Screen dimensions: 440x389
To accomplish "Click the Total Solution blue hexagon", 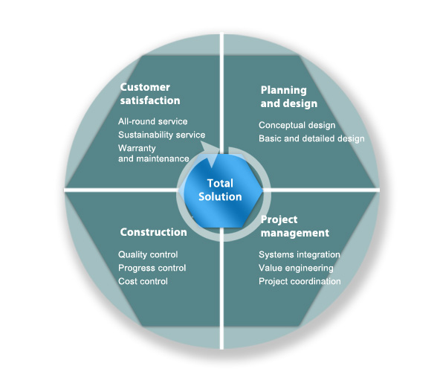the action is [x=221, y=190].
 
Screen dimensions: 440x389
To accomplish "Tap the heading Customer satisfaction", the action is [x=150, y=94].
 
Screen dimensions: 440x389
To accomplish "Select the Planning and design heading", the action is [x=288, y=97].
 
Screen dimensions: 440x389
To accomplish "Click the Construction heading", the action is [x=153, y=232].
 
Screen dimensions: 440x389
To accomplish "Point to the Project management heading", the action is [x=294, y=226].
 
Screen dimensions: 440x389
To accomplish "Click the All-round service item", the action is [x=152, y=121].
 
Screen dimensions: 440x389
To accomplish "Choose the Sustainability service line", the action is [x=161, y=135].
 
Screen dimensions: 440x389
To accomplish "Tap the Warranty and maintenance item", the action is [x=154, y=153].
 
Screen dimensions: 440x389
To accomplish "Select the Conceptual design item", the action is [x=297, y=125].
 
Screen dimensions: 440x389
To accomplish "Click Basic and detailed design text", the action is [x=311, y=138].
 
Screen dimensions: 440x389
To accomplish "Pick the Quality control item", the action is [x=148, y=254].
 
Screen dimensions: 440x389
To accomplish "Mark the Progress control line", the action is [x=152, y=268].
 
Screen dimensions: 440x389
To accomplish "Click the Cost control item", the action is [x=143, y=281].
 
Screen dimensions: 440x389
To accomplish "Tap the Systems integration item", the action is [x=299, y=254].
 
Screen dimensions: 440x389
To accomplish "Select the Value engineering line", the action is [x=296, y=268].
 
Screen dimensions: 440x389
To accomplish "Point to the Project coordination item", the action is [x=300, y=281].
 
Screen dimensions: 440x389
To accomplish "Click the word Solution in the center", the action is [x=220, y=196].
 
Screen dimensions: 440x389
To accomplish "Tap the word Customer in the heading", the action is [x=145, y=87].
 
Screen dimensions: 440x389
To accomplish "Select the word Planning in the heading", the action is [x=283, y=91].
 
